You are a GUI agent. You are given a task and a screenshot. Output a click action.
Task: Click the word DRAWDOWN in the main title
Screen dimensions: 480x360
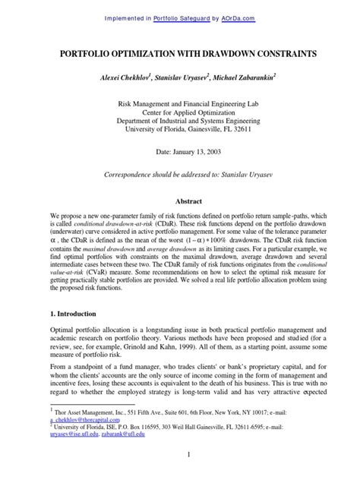(216, 56)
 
